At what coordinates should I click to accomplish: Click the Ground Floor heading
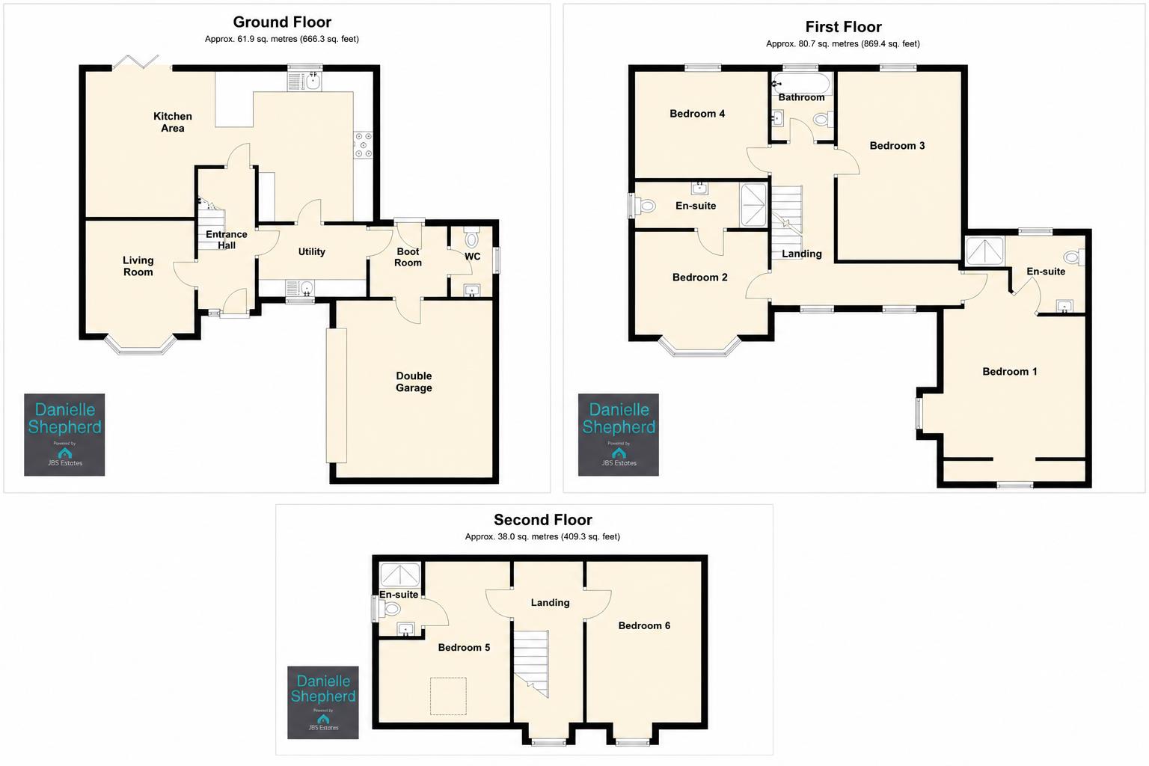(x=282, y=22)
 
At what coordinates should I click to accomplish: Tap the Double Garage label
(x=414, y=382)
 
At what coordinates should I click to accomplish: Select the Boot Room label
(x=408, y=257)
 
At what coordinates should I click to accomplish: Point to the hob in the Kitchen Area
(x=363, y=146)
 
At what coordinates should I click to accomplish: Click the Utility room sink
(x=301, y=288)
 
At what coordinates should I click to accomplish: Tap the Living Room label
(x=138, y=266)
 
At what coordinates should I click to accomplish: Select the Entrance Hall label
(x=226, y=239)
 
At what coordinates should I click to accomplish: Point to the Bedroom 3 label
(x=897, y=146)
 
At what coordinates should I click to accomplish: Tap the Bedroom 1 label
(x=1009, y=372)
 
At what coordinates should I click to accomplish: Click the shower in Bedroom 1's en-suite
(x=985, y=251)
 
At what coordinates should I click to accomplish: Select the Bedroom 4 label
(x=697, y=114)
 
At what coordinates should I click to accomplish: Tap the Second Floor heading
(x=542, y=520)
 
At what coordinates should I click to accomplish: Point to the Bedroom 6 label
(x=644, y=625)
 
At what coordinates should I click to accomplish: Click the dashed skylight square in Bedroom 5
(x=448, y=696)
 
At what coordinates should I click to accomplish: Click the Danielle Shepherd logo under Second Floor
(x=323, y=702)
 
